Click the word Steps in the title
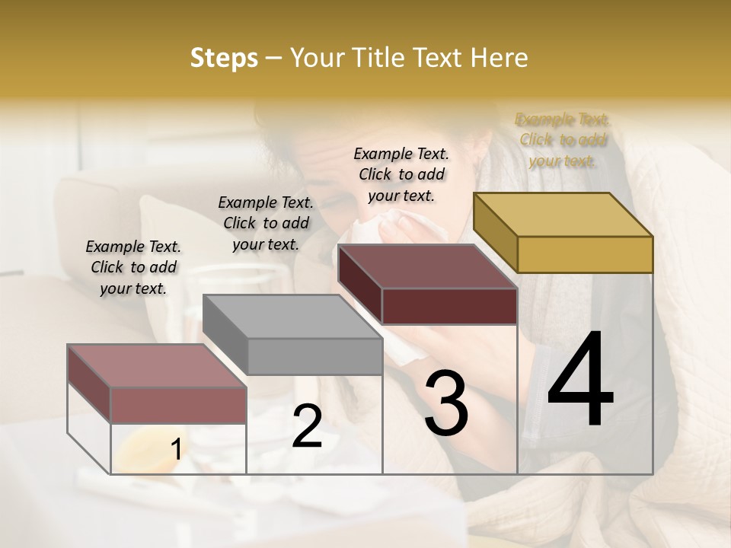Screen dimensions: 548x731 [224, 58]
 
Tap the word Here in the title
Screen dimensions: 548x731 [500, 58]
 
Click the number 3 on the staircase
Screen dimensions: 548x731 [445, 403]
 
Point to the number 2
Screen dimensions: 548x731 [307, 427]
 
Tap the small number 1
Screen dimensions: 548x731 [176, 450]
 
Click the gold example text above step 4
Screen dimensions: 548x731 [562, 140]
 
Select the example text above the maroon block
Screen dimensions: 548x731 [401, 174]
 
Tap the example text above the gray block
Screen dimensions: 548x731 [266, 223]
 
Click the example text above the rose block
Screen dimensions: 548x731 [133, 267]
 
